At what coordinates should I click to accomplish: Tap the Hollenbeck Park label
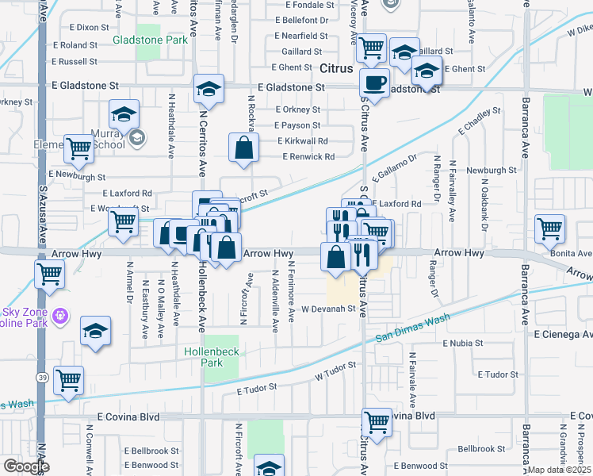tap(210, 356)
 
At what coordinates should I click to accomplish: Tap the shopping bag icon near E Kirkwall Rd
tap(243, 147)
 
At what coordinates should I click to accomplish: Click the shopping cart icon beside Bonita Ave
tap(549, 228)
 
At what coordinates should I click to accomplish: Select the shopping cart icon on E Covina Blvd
tap(377, 421)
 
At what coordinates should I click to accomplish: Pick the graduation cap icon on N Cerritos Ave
tap(209, 88)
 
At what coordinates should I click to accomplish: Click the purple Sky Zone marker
tap(58, 318)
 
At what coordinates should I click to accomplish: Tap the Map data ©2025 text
tap(560, 470)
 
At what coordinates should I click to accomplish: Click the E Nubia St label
tap(472, 344)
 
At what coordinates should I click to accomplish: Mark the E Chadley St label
tap(482, 122)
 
